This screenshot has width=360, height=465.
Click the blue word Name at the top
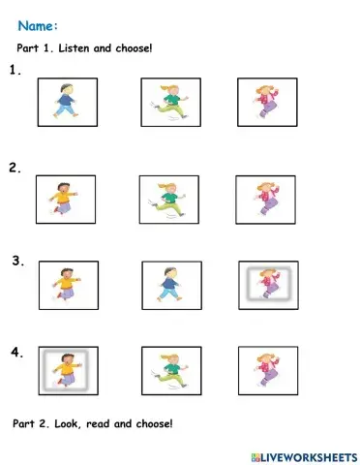click(36, 26)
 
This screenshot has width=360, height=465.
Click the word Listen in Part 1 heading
click(74, 48)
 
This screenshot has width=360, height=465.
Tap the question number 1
click(15, 70)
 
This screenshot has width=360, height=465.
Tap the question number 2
click(15, 168)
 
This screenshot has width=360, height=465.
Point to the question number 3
click(18, 261)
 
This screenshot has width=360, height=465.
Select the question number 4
click(17, 352)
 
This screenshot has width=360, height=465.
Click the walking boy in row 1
click(66, 101)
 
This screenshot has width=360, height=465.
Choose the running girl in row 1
click(170, 102)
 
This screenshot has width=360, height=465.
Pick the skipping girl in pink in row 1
click(267, 102)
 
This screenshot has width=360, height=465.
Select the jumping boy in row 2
click(63, 199)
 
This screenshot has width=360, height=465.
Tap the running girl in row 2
click(167, 200)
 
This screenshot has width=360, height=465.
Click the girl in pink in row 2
click(266, 199)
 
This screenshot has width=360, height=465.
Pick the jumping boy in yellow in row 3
click(67, 284)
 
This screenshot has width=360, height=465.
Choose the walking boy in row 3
click(169, 284)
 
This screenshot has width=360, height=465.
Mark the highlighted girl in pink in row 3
click(269, 283)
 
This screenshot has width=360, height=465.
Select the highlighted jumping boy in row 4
click(67, 370)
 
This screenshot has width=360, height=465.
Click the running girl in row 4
click(170, 371)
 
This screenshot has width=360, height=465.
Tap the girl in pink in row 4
click(268, 369)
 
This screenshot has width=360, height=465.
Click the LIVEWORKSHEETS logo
click(304, 457)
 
